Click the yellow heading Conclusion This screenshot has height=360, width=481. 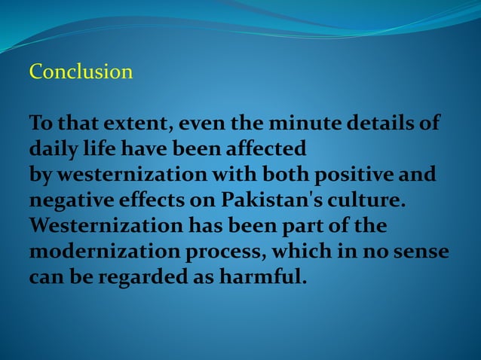81,72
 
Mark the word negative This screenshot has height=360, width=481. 67,200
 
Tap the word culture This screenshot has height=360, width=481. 369,200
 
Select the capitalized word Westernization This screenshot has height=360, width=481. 97,226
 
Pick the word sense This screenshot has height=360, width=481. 423,252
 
